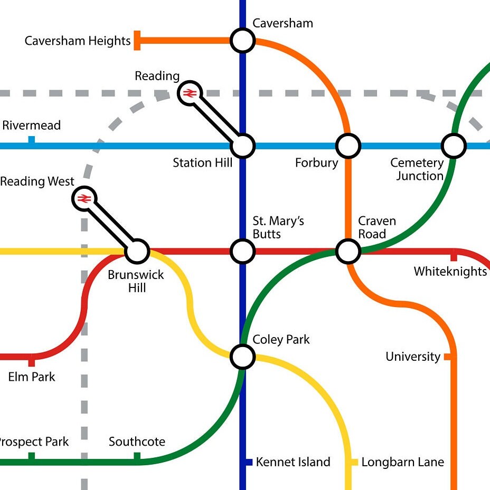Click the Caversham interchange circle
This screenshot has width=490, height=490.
pos(243,41)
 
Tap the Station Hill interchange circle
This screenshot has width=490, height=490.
pos(243,146)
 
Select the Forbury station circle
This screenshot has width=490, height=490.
pos(348,146)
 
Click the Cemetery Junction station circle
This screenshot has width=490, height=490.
pos(454,146)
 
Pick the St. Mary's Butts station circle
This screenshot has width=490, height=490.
pos(243,252)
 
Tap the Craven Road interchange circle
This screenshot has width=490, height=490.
pos(348,252)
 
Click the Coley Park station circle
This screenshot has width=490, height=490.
pos(243,357)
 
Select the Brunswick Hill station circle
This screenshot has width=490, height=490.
pos(137,252)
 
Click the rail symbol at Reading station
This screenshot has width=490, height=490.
pos(190,93)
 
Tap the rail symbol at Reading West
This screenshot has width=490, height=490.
pos(84,199)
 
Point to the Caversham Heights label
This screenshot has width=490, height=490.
pos(78,41)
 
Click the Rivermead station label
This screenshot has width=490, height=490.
pos(32,126)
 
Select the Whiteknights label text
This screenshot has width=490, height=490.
pos(450,272)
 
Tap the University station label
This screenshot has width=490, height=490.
pos(413,357)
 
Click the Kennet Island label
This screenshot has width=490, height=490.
pos(293,463)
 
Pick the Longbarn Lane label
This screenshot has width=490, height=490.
pos(402,463)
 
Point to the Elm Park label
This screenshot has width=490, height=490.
pos(32,377)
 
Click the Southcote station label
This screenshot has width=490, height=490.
pos(137,442)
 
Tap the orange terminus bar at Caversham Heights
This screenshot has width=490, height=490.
pos(137,41)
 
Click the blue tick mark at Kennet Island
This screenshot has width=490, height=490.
pos(249,462)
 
